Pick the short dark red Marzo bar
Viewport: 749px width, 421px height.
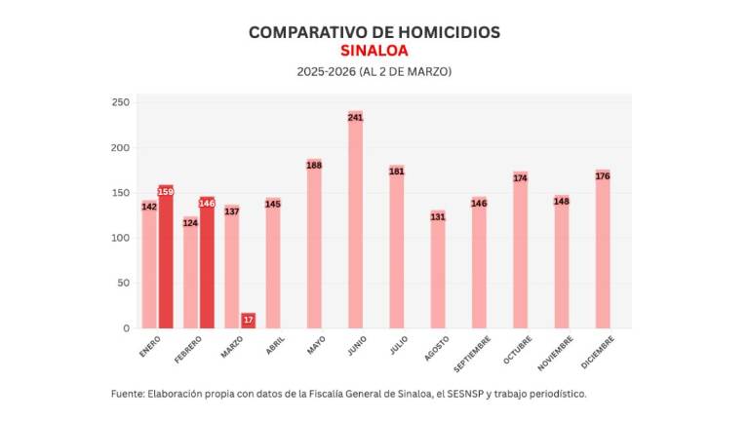249,321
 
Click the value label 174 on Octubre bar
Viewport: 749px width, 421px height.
520,177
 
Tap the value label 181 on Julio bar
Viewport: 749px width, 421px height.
397,172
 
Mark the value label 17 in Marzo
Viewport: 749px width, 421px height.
249,320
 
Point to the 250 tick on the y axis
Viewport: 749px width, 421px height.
120,102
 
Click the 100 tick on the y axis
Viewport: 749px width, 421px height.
120,238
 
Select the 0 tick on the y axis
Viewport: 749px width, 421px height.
126,328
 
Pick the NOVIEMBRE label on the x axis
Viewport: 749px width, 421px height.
555,353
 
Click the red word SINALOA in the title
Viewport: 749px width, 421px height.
374,51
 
